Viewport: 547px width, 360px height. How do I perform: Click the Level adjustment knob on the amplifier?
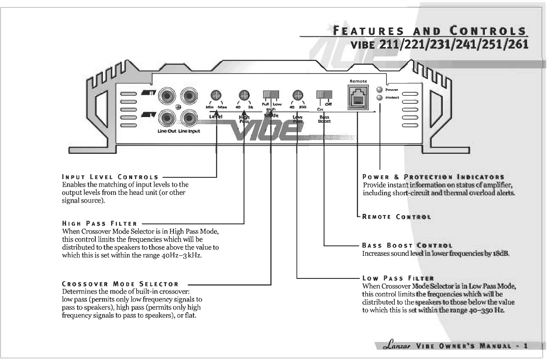[x=216, y=95]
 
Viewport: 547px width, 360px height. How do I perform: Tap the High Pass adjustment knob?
[x=244, y=95]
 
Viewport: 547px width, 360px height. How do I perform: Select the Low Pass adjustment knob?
[x=298, y=95]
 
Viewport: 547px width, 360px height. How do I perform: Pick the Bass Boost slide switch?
[x=324, y=95]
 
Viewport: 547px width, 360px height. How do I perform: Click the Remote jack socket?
[x=358, y=97]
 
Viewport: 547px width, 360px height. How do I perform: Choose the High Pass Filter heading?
[x=99, y=224]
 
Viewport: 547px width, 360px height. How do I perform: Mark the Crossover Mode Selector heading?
[x=120, y=284]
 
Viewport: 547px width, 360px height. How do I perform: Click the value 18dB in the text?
[x=500, y=254]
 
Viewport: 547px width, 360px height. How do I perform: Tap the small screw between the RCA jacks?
[x=178, y=107]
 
